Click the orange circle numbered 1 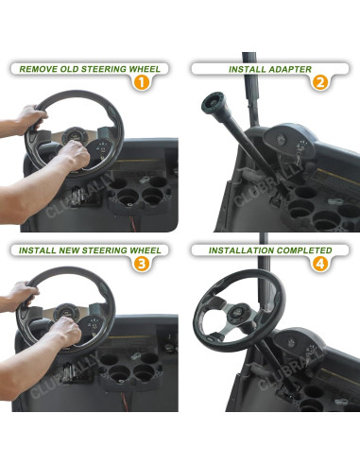point(140,81)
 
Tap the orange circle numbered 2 point(319,81)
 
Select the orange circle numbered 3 point(140,263)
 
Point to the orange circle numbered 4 point(319,263)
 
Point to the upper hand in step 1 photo point(28,119)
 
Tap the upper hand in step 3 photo point(21,295)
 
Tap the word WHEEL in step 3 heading point(143,250)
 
